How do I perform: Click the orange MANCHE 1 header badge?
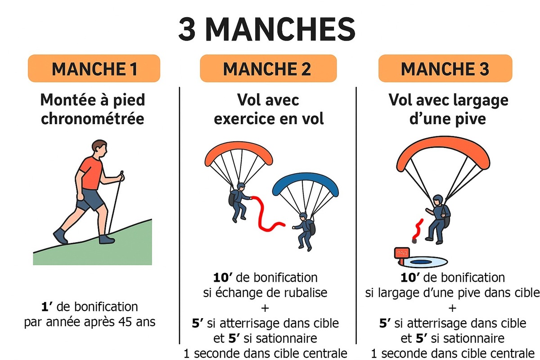coord(94,68)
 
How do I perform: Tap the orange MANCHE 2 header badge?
coord(268,68)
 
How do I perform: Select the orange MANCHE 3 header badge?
coord(445,68)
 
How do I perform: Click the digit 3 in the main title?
coord(187,29)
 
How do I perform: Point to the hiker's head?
coord(99,149)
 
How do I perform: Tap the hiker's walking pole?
coord(115,202)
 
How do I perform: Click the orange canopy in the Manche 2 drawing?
coord(238,152)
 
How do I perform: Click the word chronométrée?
coord(93,119)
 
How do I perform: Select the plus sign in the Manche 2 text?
coord(265,308)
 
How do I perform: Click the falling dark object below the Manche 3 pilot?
coord(414,241)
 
